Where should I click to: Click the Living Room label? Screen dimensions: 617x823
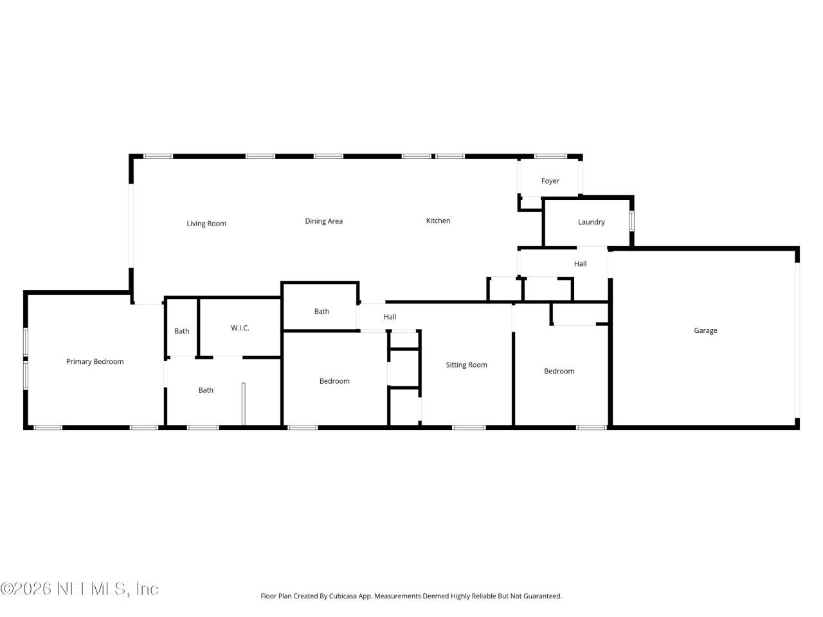206,224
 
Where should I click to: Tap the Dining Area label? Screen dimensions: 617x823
323,221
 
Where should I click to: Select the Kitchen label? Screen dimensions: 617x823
438,220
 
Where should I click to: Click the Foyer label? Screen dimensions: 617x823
550,181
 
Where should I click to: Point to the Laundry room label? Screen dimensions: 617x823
591,222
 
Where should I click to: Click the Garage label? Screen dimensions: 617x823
705,330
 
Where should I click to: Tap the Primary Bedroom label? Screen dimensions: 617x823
95,362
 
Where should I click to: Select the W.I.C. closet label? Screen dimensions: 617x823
240,328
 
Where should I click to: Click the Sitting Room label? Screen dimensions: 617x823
466,365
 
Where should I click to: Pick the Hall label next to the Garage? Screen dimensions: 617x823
580,264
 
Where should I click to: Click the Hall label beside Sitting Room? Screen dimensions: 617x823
390,317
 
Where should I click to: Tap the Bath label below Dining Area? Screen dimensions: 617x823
321,312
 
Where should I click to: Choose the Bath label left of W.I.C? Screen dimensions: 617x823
181,332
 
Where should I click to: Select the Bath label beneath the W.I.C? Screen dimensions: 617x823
206,390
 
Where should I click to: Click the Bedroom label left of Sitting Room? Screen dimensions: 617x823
334,381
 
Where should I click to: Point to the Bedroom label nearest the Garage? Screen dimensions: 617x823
559,371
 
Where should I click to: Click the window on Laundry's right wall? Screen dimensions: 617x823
631,221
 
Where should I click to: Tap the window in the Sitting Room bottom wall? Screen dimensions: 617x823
469,427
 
